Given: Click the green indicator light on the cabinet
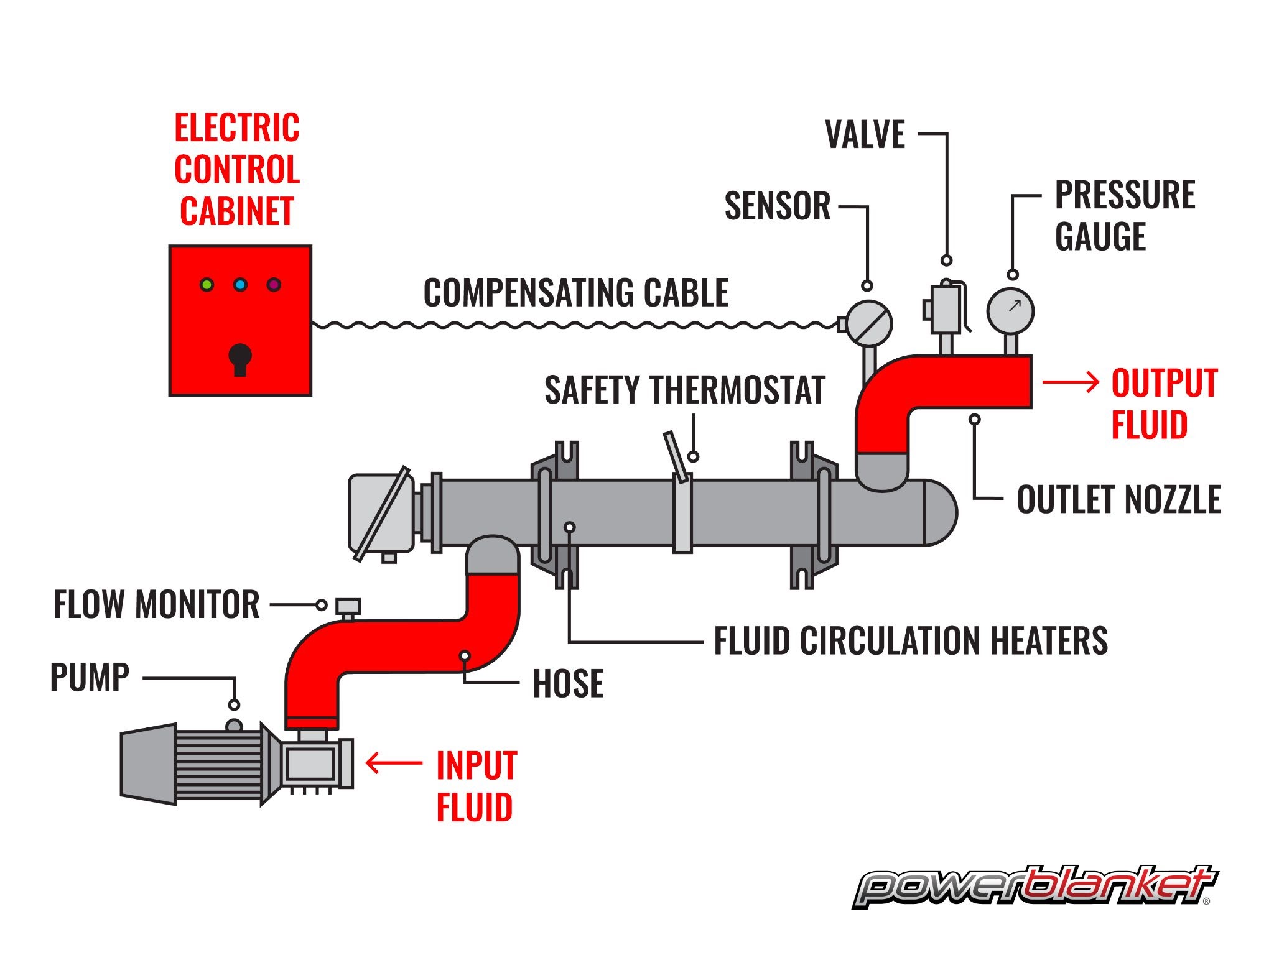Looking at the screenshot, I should click(x=207, y=285).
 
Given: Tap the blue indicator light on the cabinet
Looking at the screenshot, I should click(x=240, y=285).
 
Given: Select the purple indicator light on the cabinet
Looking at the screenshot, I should click(x=274, y=285).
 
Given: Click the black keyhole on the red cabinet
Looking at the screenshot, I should click(x=240, y=359).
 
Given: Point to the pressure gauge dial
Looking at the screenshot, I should click(x=1010, y=311).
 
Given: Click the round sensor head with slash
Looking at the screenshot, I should click(x=869, y=323).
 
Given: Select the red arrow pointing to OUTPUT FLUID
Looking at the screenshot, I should click(x=1070, y=382).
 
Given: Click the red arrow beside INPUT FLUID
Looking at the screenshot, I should click(x=394, y=763).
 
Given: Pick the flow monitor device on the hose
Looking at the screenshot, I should click(x=348, y=607).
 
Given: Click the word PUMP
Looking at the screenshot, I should click(x=90, y=677).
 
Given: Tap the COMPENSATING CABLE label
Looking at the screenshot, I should click(x=576, y=293).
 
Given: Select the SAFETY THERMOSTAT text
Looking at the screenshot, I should click(x=684, y=390).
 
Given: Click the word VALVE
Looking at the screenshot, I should click(x=865, y=134).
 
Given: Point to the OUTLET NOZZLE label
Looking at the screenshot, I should click(x=1118, y=499).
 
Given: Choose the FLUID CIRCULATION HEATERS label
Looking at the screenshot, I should click(x=911, y=641).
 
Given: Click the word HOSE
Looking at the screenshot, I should click(x=568, y=684).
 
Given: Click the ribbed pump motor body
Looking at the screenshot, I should click(x=218, y=765).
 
